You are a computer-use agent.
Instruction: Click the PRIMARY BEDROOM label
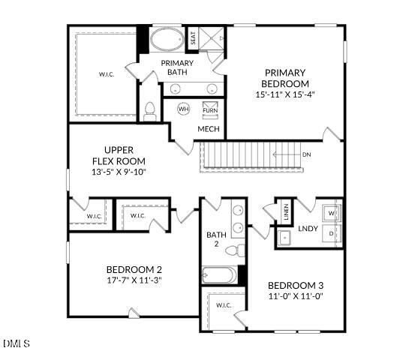(x=286, y=78)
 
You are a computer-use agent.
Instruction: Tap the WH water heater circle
(x=184, y=109)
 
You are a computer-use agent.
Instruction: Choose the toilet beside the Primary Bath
(x=149, y=111)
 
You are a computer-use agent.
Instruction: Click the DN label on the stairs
(x=306, y=154)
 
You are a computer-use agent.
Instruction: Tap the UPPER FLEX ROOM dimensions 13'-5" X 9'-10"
(x=119, y=172)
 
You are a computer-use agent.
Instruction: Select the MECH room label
(x=208, y=129)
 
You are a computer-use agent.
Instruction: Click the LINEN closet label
(x=285, y=212)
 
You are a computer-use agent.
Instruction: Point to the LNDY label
(x=308, y=229)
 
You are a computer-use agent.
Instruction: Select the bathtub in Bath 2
(x=219, y=274)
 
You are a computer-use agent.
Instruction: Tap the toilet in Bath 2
(x=237, y=250)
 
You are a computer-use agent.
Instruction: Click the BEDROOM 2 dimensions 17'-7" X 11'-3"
(x=135, y=280)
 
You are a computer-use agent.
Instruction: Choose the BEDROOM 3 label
(x=296, y=286)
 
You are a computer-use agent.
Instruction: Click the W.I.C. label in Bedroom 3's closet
(x=224, y=305)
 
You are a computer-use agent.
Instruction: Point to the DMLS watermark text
(x=16, y=343)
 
